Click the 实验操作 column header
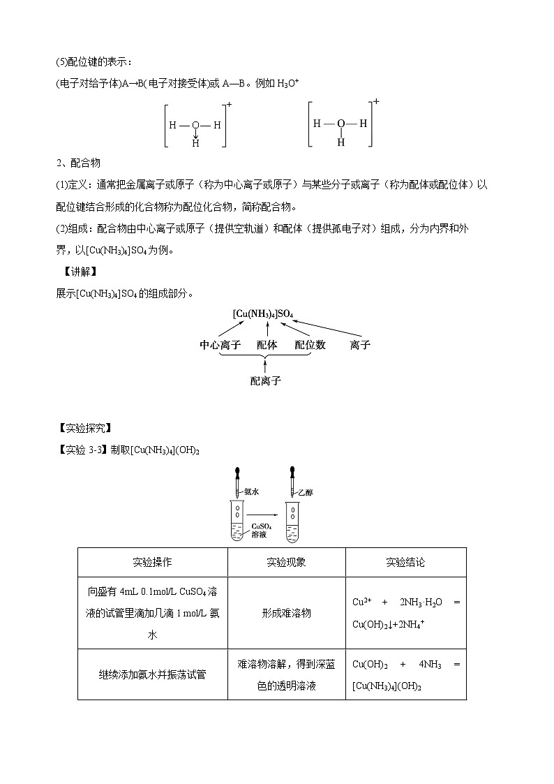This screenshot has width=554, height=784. [x=152, y=562]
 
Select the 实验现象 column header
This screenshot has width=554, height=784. [x=286, y=562]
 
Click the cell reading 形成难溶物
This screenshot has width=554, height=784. [x=286, y=613]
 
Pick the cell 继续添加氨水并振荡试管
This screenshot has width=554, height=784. [x=152, y=674]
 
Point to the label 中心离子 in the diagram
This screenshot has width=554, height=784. [x=220, y=345]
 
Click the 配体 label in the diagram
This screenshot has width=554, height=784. [x=267, y=345]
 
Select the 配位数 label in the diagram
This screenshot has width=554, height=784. [x=310, y=345]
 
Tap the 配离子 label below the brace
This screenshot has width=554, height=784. [x=265, y=381]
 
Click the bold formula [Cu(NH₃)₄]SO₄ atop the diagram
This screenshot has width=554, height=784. [x=264, y=313]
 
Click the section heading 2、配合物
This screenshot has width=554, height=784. [x=78, y=163]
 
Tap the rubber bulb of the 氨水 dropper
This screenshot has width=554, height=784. [x=239, y=473]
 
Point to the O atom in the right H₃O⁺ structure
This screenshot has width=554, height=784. [x=340, y=124]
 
